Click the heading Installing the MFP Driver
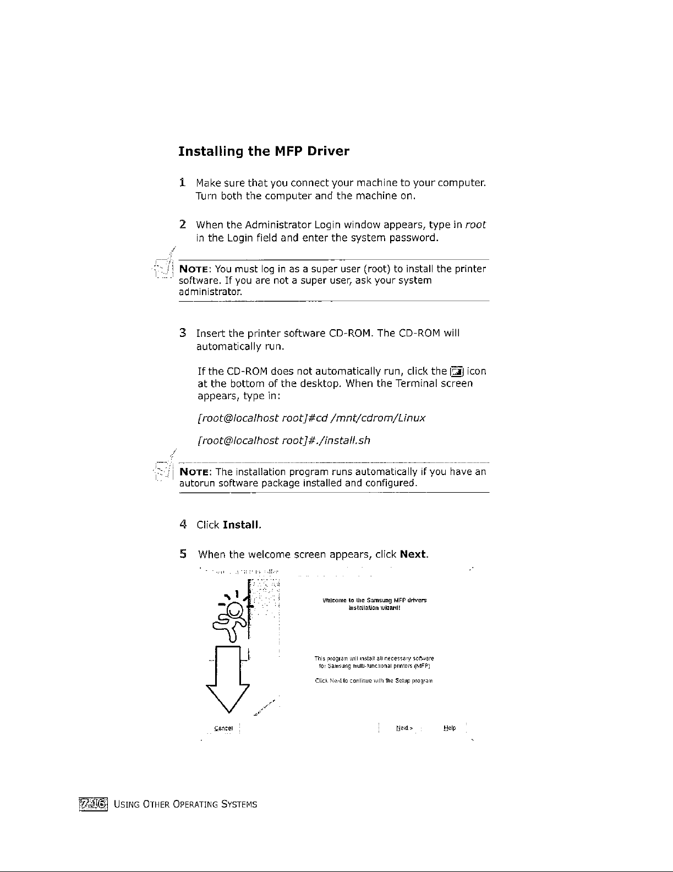pyautogui.click(x=264, y=151)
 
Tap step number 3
pyautogui.click(x=182, y=333)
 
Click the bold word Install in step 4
pyautogui.click(x=241, y=525)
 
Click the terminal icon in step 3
pyautogui.click(x=457, y=372)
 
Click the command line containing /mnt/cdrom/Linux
pyautogui.click(x=311, y=418)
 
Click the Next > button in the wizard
pyautogui.click(x=404, y=728)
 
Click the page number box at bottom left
pyautogui.click(x=94, y=804)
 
